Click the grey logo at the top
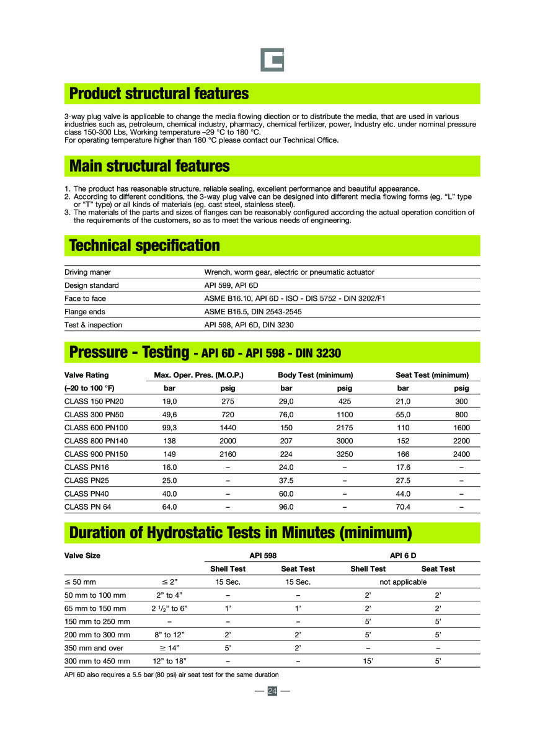click(272, 60)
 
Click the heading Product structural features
click(159, 94)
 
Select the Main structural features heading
click(149, 166)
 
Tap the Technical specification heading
click(144, 246)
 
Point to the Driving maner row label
click(87, 272)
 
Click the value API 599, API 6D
click(231, 285)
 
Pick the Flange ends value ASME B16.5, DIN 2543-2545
click(253, 312)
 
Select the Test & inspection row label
click(93, 325)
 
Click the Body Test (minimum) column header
click(315, 375)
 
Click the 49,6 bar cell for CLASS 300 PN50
click(170, 414)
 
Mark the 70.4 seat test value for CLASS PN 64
click(403, 507)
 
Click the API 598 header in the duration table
click(263, 556)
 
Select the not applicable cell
click(403, 582)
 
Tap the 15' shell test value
click(368, 662)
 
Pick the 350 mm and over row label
click(94, 648)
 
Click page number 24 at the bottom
click(272, 691)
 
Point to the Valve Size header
click(82, 556)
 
